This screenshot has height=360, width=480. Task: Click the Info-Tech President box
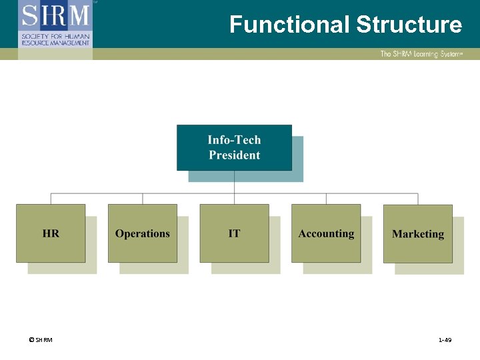coord(234,147)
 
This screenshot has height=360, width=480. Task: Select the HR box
coord(51,233)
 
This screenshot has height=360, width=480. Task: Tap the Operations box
coord(143,233)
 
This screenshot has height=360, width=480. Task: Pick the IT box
coord(234,233)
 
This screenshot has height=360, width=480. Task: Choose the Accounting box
coord(326,233)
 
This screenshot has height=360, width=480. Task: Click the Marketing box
coord(418,233)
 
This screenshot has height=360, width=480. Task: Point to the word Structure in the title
coord(409,25)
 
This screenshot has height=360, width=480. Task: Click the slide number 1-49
coord(445,340)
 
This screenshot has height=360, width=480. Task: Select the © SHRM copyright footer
coord(40,340)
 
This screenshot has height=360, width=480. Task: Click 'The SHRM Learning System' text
coord(421,54)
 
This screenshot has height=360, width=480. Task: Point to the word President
coord(234,155)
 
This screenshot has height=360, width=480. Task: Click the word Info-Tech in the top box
coord(234,140)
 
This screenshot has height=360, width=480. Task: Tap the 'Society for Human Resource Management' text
coord(55,39)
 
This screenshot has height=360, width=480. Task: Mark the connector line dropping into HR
coord(51,199)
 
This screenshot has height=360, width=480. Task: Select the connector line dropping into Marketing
coord(418,199)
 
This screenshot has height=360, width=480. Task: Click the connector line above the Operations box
coord(143,199)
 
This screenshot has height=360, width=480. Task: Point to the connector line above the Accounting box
coord(326,199)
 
